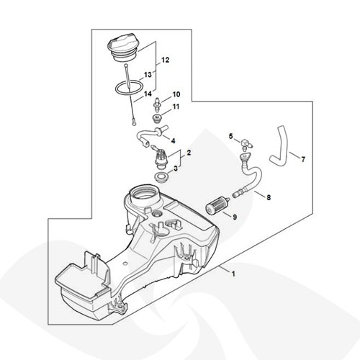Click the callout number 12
click(165, 60)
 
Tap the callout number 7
click(303, 159)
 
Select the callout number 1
click(233, 274)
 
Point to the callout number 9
click(235, 217)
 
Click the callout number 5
click(231, 136)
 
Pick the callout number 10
click(176, 94)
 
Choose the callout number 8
click(269, 197)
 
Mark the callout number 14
click(148, 94)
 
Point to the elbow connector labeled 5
click(246, 143)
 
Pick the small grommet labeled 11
click(158, 118)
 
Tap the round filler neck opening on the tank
click(143, 194)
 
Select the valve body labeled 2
click(161, 157)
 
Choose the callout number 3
click(176, 168)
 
